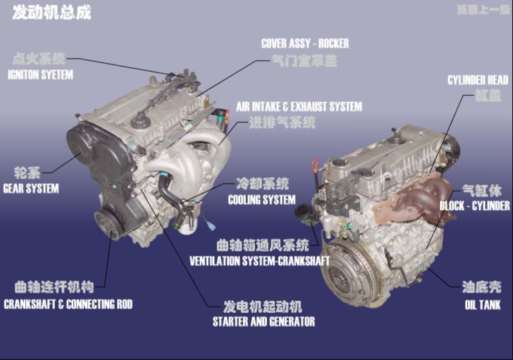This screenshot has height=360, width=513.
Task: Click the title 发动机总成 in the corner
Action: [x=52, y=13]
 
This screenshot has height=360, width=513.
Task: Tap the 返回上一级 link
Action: [x=482, y=10]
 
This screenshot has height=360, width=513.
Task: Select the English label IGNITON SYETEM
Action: [x=40, y=75]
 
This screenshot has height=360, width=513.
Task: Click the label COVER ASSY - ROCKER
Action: [x=305, y=44]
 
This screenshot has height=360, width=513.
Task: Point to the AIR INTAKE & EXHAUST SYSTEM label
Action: [x=299, y=106]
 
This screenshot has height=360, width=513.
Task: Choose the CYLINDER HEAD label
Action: [x=478, y=81]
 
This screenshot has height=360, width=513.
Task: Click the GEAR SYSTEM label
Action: [x=31, y=188]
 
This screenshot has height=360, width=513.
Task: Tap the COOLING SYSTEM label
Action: [x=261, y=200]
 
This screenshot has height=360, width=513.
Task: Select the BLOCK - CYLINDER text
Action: [x=474, y=206]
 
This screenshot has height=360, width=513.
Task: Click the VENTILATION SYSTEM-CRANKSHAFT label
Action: [x=259, y=260]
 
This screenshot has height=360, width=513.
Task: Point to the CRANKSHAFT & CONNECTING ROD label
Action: [x=68, y=304]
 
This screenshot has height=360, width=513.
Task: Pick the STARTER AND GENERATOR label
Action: [x=263, y=321]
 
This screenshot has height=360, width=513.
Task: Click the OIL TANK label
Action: [x=482, y=305]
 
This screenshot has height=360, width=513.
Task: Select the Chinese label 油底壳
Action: [x=482, y=288]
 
